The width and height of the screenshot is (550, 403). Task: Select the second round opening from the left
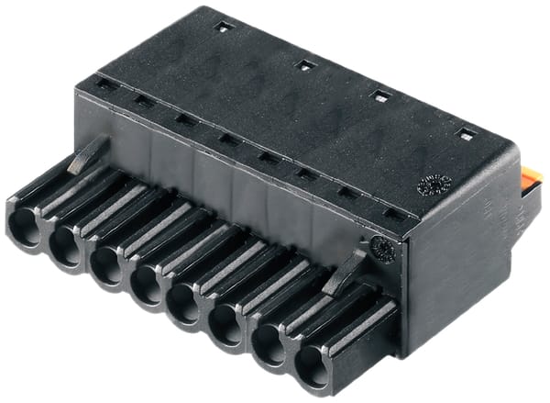(x=66, y=247)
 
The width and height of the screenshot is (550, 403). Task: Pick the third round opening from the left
(x=105, y=266)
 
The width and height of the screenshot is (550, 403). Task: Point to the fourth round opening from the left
(x=145, y=285)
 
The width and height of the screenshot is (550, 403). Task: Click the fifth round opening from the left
(x=185, y=306)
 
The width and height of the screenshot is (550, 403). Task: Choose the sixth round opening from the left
(x=226, y=327)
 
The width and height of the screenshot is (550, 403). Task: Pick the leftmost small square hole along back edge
(x=222, y=28)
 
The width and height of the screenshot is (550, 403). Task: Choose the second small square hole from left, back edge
(x=304, y=64)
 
